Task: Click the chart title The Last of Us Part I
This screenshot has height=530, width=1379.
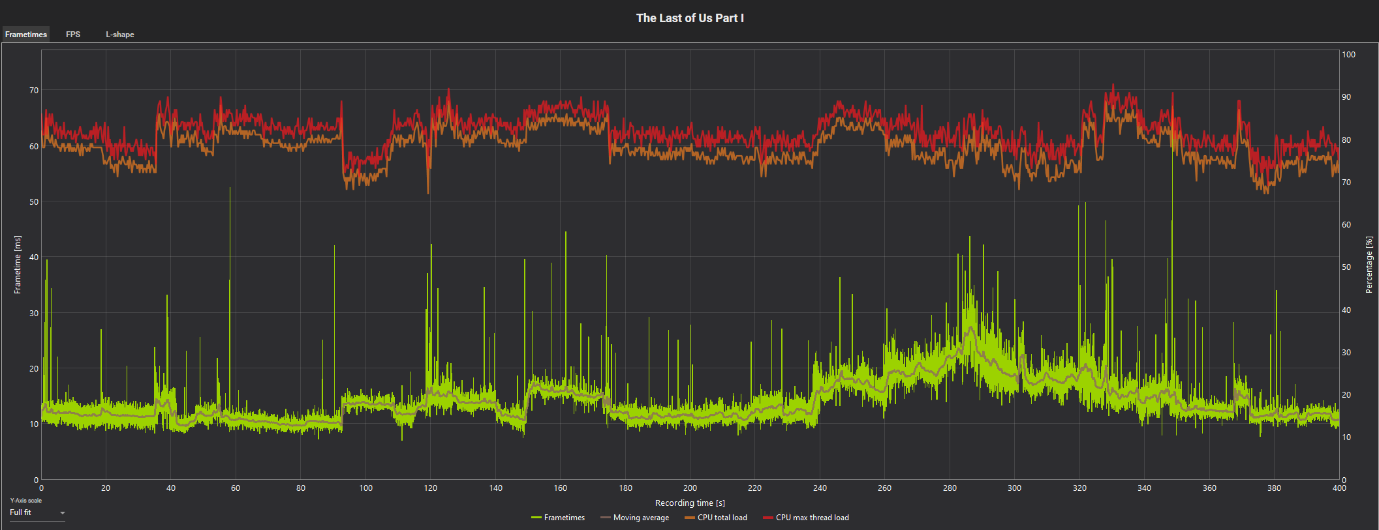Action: (x=690, y=18)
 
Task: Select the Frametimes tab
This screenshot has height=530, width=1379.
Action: (x=26, y=35)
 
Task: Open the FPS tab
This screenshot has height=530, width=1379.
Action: (x=73, y=35)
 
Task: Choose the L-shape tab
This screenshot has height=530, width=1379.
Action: (x=120, y=35)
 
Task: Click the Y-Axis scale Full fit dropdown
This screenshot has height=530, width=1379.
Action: (x=37, y=513)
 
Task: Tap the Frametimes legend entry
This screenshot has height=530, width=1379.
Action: (x=559, y=518)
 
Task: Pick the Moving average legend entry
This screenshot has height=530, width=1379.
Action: (x=635, y=518)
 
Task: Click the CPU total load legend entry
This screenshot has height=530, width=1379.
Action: (x=716, y=518)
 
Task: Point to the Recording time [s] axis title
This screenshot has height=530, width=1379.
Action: (x=690, y=503)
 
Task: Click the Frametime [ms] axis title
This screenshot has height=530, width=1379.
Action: (x=18, y=265)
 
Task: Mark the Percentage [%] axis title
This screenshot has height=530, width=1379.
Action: (x=1369, y=265)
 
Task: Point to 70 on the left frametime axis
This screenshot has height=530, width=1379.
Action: (x=34, y=91)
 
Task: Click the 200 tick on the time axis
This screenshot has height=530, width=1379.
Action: (x=690, y=488)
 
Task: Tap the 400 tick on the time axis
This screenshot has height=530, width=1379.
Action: (x=1339, y=488)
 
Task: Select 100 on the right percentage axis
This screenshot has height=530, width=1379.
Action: (x=1348, y=55)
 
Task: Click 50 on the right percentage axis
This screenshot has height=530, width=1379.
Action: (x=1346, y=267)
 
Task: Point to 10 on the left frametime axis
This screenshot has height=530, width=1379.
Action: (x=34, y=424)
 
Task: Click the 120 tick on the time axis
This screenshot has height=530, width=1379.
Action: (x=431, y=488)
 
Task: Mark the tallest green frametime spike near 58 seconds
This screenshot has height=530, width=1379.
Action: (x=230, y=189)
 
